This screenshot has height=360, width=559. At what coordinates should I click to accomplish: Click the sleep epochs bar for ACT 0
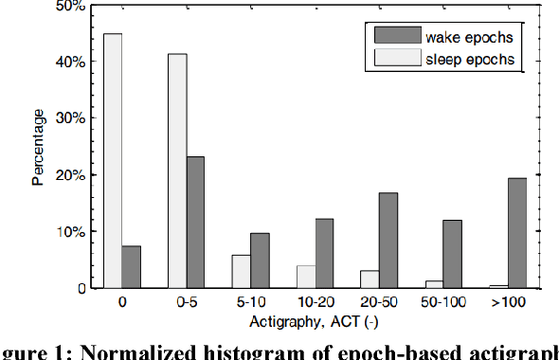click(113, 161)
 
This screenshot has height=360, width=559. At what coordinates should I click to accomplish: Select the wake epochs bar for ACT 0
click(131, 266)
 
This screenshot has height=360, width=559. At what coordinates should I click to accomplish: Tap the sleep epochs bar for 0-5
click(177, 171)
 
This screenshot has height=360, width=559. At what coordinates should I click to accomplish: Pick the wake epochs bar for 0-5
click(195, 222)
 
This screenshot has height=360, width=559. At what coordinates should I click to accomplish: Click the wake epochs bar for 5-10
click(260, 261)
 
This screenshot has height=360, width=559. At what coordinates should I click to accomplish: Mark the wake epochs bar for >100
click(518, 233)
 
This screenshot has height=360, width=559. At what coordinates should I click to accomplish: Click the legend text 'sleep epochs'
click(470, 59)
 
